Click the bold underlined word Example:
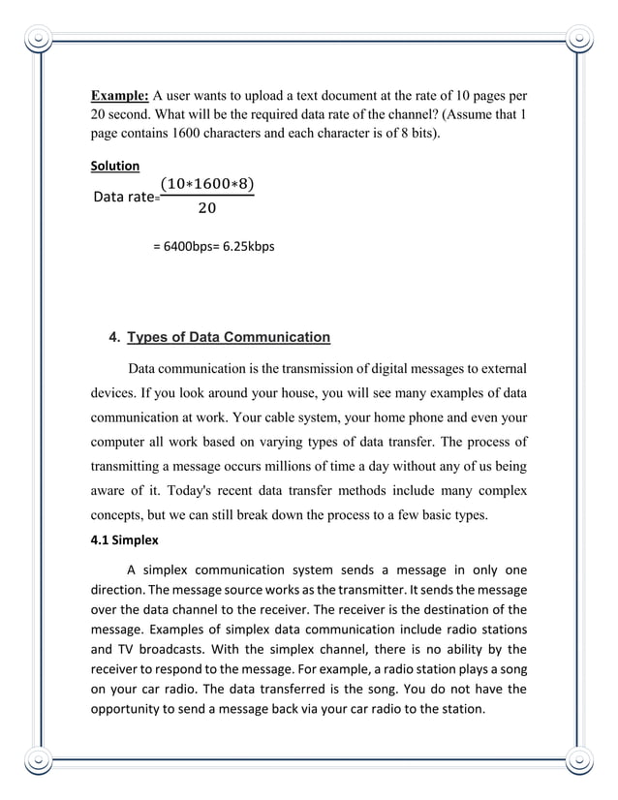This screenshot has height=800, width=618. point(119,96)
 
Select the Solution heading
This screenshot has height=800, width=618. point(115,167)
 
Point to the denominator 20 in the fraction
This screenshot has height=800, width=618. point(206,208)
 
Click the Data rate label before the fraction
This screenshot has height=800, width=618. point(124,198)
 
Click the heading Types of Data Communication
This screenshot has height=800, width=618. point(229,337)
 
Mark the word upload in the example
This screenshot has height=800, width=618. point(255,96)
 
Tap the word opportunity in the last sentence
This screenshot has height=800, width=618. point(133,710)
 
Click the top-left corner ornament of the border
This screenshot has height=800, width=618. point(38,40)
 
